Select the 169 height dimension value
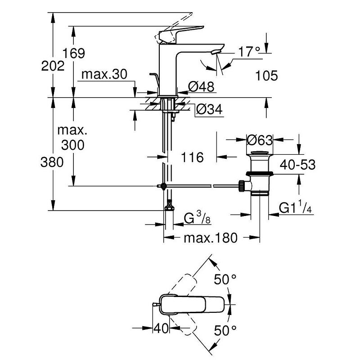point(74,54)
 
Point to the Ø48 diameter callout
point(201,86)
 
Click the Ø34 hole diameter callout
point(210,109)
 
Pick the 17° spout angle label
point(249,53)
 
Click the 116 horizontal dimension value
point(192,157)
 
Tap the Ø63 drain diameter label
point(260,140)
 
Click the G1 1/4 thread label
point(295,208)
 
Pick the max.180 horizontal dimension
point(210,238)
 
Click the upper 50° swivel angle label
point(225,279)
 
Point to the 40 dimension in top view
point(161,328)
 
